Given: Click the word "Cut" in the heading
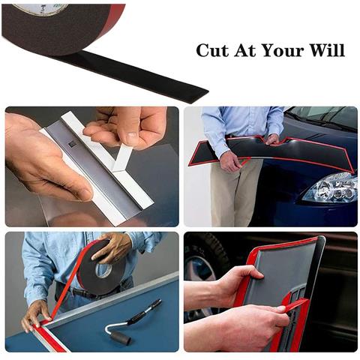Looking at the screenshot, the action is (212, 50).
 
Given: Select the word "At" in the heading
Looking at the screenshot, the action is (244, 50).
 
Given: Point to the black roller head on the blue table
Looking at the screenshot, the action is (123, 337).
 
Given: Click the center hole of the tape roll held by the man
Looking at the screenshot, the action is (103, 269).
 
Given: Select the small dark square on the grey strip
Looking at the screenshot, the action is (72, 144).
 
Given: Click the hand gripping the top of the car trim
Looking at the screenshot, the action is (272, 139).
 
